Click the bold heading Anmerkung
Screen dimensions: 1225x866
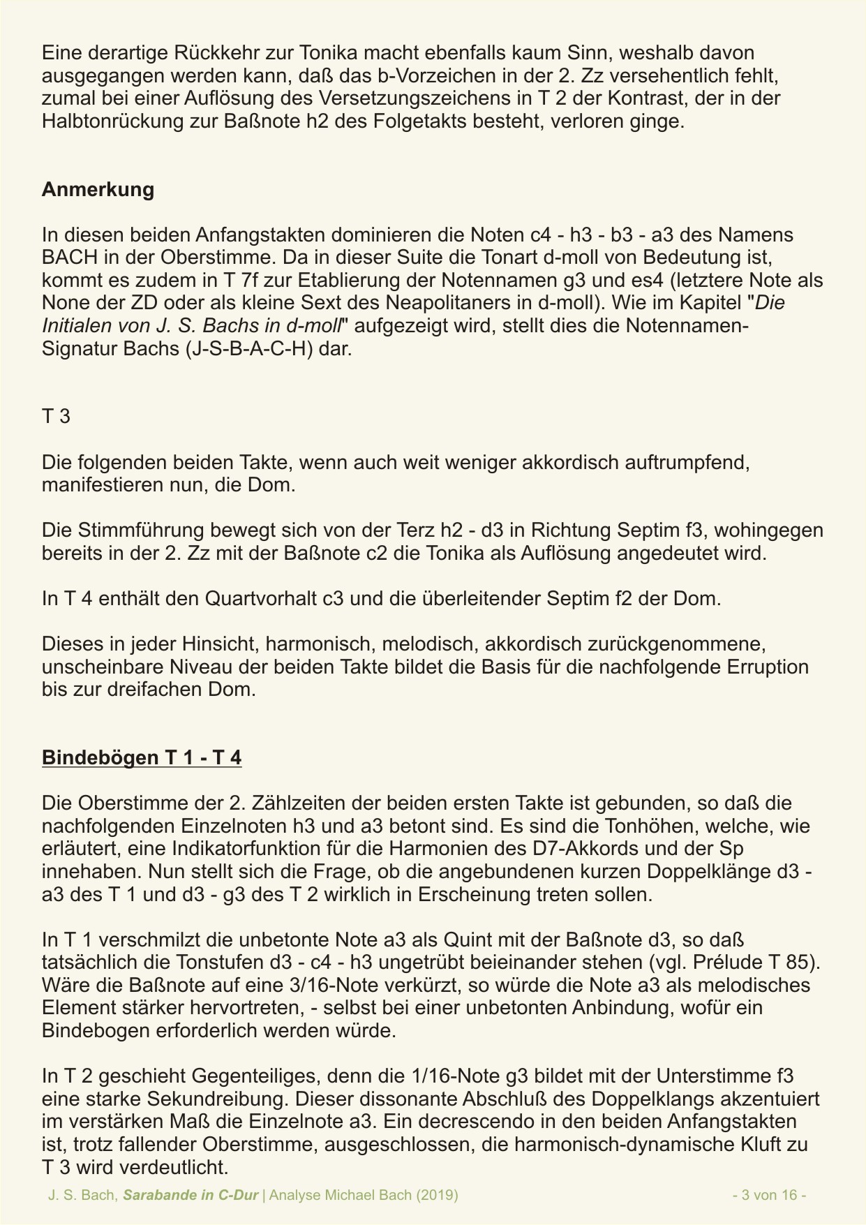pyautogui.click(x=98, y=190)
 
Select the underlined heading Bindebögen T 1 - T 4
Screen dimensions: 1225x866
pyautogui.click(x=142, y=757)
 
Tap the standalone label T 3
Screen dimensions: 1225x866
pyautogui.click(x=56, y=417)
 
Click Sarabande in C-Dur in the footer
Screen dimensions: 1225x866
pyautogui.click(x=191, y=1195)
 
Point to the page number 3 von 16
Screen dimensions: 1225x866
pyautogui.click(x=770, y=1195)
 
